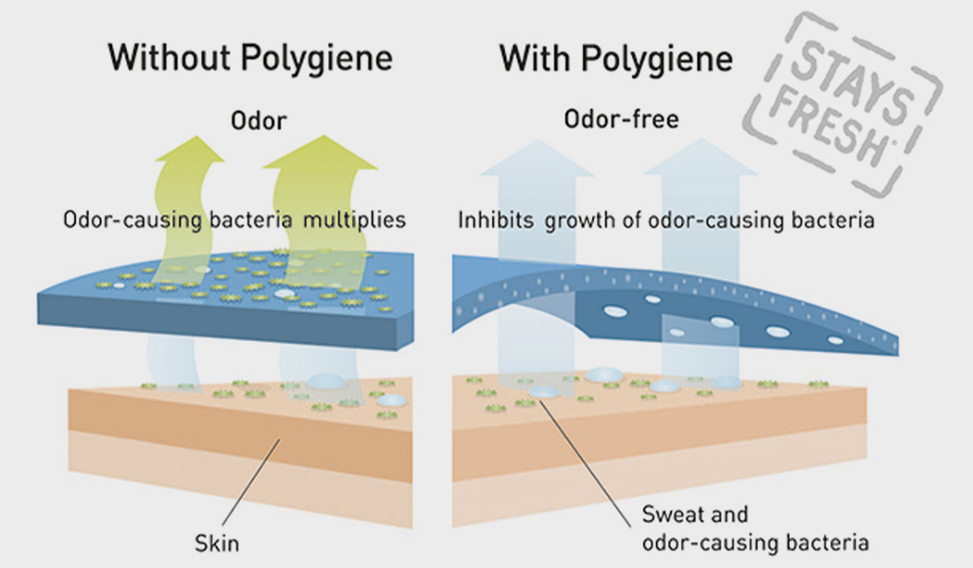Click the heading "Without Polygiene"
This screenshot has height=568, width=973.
point(250,57)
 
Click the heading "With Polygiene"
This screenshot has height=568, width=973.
point(616,57)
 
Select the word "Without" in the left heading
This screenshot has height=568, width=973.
point(169,57)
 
